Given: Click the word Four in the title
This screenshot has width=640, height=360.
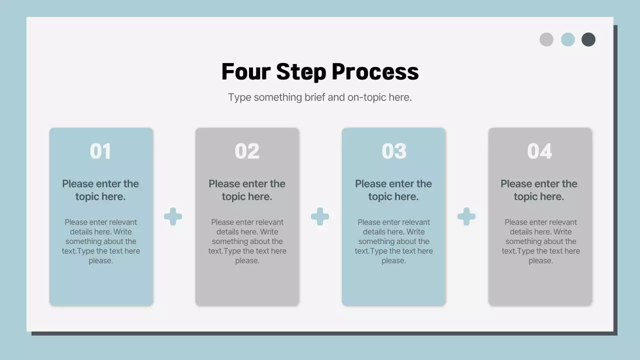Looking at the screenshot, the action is [x=246, y=71].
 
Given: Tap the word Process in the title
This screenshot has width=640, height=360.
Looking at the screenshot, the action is [x=375, y=71].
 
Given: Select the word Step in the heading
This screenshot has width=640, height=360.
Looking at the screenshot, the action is [x=301, y=72].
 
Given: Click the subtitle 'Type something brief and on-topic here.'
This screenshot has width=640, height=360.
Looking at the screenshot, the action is [x=319, y=97].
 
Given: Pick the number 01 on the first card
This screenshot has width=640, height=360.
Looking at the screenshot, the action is [x=100, y=151].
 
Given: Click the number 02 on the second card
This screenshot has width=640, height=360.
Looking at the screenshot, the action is [x=247, y=151].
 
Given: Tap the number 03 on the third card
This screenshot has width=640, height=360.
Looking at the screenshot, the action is [x=394, y=151].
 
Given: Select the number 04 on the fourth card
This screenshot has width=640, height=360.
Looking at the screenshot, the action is [x=539, y=151].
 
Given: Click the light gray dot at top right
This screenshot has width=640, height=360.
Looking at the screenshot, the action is [x=546, y=39].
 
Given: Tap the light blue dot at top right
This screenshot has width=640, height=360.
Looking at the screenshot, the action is [x=568, y=39].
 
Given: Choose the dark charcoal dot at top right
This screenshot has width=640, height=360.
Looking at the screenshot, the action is [x=588, y=39].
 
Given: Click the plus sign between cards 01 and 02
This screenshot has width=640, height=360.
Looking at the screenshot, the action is [x=173, y=216].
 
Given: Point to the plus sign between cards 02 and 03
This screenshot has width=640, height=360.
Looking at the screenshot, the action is [x=320, y=216].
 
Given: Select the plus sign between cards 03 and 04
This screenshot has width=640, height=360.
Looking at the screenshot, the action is [x=466, y=216].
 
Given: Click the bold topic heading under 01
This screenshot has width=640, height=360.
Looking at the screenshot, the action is [x=100, y=190].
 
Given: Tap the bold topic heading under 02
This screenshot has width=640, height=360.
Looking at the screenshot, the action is [x=247, y=190].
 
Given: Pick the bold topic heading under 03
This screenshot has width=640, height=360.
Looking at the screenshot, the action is [x=393, y=190].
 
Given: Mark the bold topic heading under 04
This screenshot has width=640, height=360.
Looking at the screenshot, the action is [x=539, y=190].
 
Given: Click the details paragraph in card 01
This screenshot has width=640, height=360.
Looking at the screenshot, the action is [x=101, y=241].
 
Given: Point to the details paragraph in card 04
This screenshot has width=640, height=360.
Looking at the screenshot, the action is [x=541, y=241].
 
